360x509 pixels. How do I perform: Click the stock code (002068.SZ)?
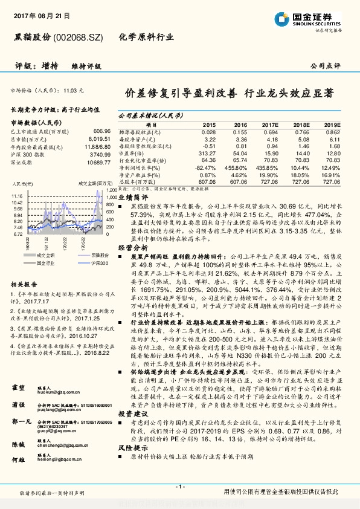[x=78, y=37]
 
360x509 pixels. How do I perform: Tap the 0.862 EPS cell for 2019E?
[x=333, y=132]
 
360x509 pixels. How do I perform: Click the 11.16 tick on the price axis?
[x=17, y=196]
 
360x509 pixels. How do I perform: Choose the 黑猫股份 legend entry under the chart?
[x=90, y=256]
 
